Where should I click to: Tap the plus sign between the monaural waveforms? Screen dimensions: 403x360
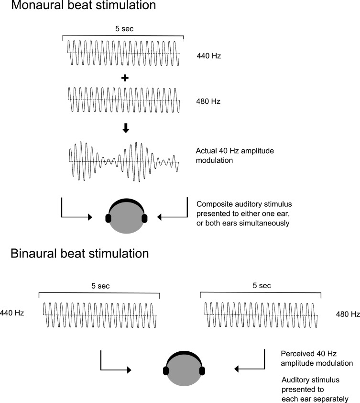125,78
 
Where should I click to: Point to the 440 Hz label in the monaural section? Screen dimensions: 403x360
208,56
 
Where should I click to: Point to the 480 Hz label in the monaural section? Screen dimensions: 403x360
208,101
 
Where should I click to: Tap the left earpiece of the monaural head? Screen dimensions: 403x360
108,218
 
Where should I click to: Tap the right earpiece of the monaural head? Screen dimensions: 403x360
145,218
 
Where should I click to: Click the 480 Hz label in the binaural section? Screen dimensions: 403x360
348,314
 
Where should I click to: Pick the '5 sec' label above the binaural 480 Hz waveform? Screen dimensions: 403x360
261,286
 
